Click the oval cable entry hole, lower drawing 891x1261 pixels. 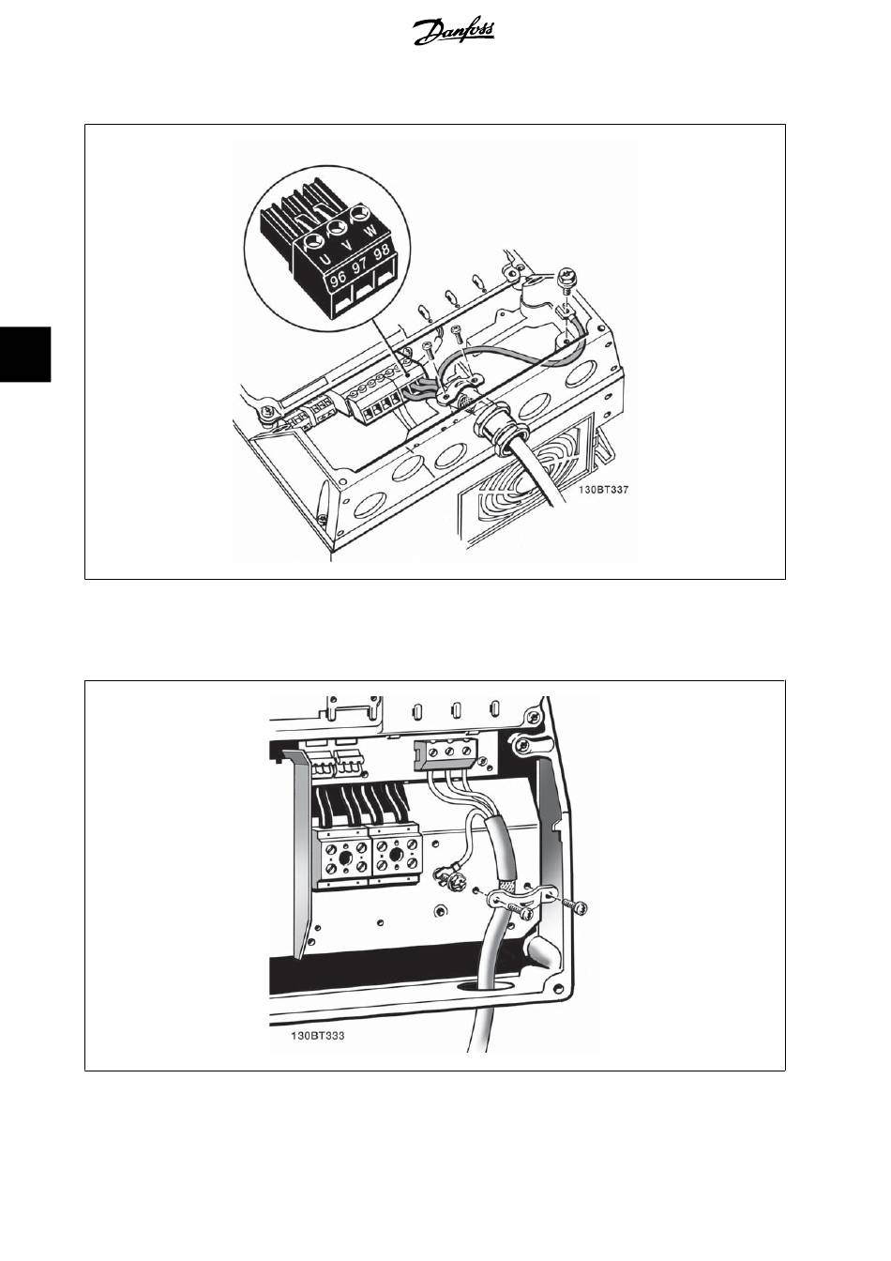point(480,986)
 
